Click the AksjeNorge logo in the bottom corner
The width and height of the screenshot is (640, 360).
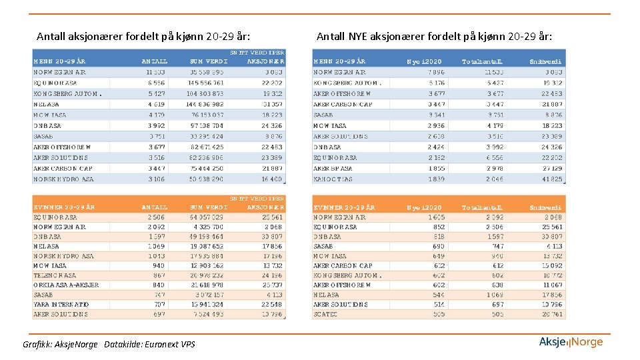click(x=571, y=342)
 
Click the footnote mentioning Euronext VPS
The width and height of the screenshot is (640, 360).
click(x=109, y=344)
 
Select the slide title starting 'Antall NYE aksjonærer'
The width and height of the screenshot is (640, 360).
click(x=434, y=36)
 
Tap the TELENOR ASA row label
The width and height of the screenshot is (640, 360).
click(x=55, y=275)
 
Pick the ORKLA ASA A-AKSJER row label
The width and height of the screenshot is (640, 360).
click(x=66, y=285)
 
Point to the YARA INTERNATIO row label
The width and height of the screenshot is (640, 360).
click(x=61, y=305)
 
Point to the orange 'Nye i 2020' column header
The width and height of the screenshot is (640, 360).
click(x=424, y=207)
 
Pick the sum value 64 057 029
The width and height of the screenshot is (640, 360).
click(x=207, y=217)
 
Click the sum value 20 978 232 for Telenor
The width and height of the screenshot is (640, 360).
click(x=207, y=275)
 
